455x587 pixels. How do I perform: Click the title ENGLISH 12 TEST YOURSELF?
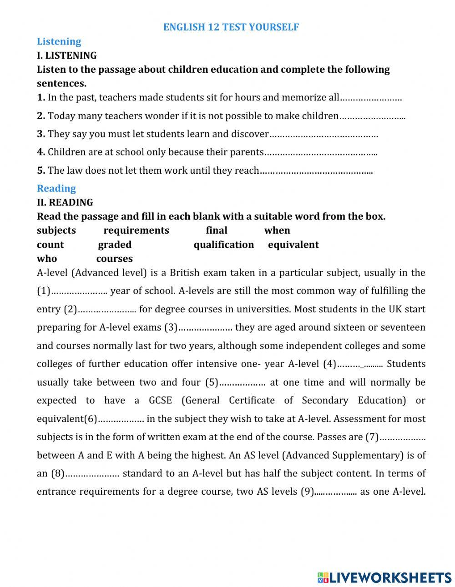[231, 27]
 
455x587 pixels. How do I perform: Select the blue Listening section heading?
[59, 41]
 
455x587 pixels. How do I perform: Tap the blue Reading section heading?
[56, 188]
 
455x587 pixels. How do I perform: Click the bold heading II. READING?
[65, 202]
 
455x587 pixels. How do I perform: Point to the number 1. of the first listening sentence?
[41, 97]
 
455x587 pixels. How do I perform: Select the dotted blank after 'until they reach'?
[316, 171]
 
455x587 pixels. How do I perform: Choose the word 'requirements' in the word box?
[136, 231]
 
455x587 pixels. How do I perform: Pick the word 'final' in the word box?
[216, 231]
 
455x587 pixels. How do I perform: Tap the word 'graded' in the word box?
[115, 245]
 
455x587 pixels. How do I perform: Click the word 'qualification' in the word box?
[223, 245]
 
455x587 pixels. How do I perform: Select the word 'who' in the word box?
[47, 259]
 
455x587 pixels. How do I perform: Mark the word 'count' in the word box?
[50, 245]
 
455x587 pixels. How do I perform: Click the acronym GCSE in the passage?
[160, 401]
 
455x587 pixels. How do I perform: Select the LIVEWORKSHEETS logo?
[384, 577]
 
